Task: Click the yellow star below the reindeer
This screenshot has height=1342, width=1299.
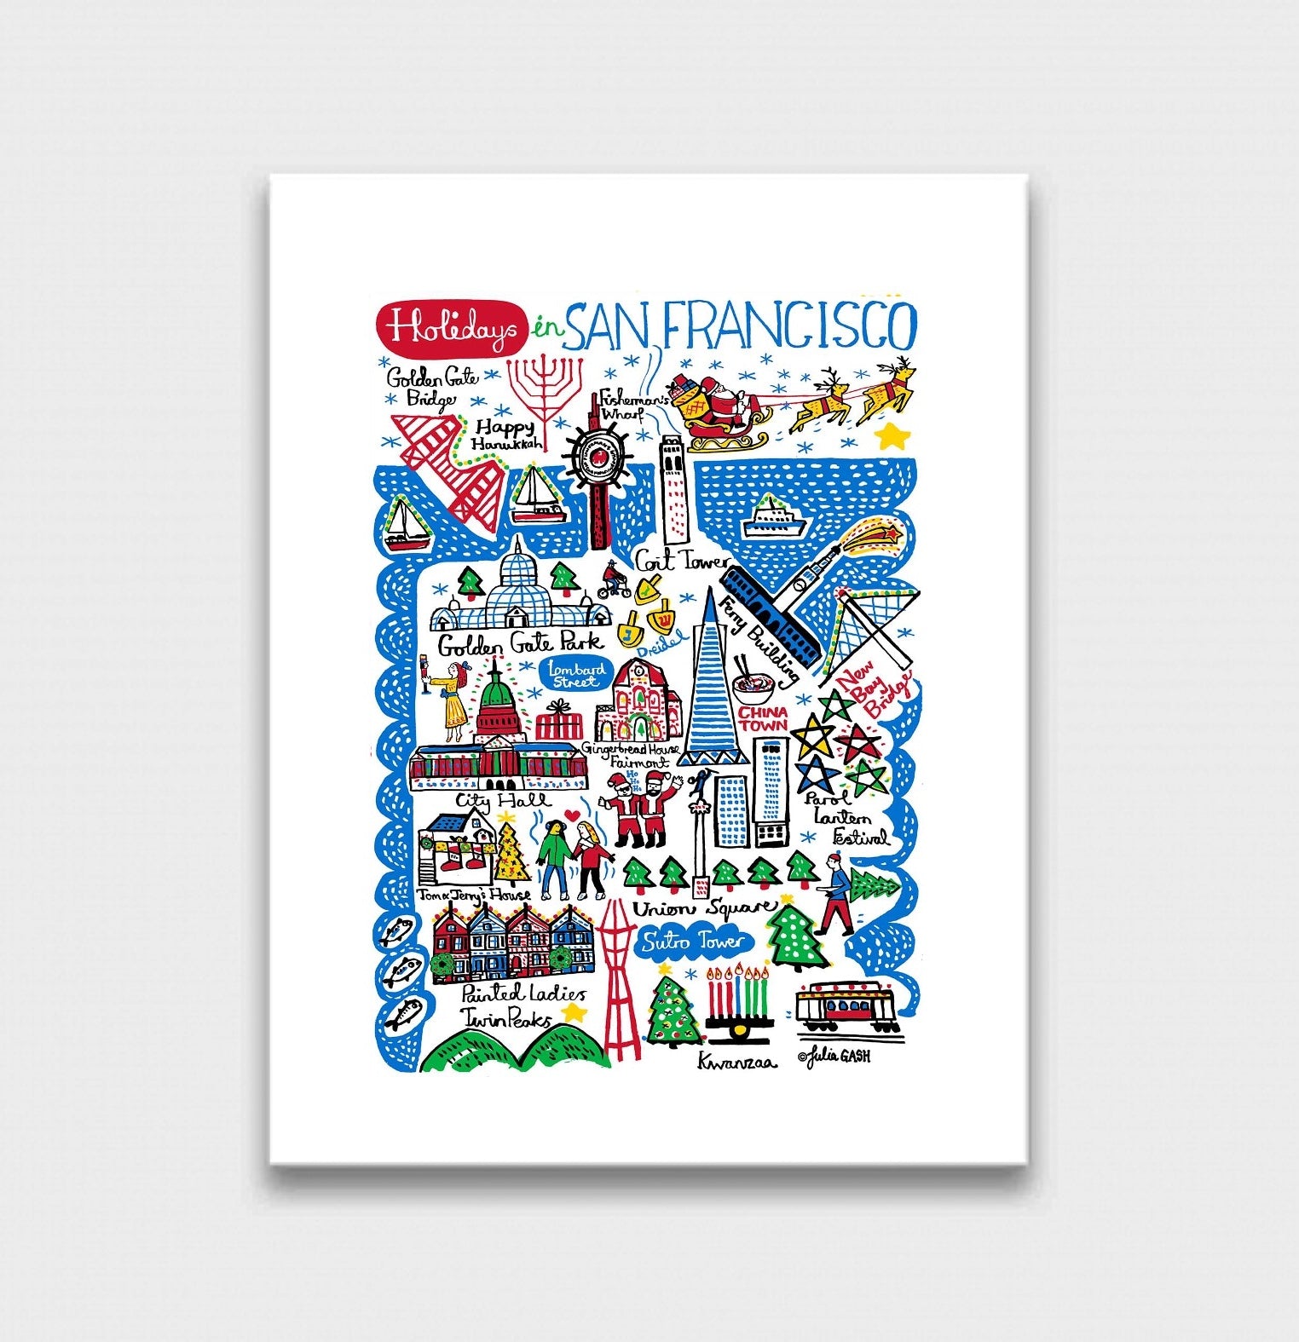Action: click(x=892, y=437)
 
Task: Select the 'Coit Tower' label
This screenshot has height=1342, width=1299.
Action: click(x=682, y=562)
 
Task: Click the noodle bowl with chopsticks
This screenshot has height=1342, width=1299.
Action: click(x=753, y=683)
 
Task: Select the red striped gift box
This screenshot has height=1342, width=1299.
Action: click(x=559, y=721)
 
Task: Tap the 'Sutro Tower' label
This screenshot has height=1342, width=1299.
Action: click(x=694, y=942)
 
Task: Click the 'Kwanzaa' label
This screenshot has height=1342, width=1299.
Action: click(x=736, y=1062)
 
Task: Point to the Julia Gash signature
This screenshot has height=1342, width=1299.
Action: click(x=834, y=1057)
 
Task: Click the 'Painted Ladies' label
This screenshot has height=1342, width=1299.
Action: click(x=523, y=994)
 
